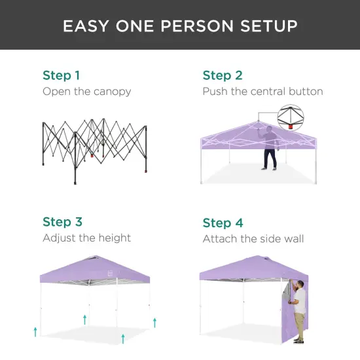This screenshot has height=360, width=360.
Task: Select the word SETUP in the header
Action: [x=270, y=26]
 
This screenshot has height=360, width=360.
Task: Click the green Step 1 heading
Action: [x=61, y=75]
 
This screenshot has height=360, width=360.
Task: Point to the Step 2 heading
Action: [x=223, y=75]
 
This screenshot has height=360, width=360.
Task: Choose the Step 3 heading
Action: [x=62, y=222]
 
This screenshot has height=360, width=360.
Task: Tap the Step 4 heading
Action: [x=223, y=223]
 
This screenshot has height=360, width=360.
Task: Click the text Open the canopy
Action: [x=86, y=92]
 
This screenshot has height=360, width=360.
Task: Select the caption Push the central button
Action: [x=262, y=92]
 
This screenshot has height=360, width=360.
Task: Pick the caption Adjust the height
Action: [x=86, y=238]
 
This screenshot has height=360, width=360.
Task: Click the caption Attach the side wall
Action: [x=253, y=238]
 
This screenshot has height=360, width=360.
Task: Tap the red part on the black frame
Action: [x=92, y=156]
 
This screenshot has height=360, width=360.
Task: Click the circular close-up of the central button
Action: [x=290, y=118]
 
